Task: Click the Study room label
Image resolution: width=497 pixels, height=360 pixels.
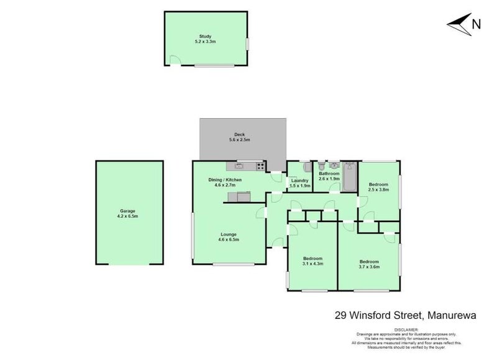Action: tap(205, 37)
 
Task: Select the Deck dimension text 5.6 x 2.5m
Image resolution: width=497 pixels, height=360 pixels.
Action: tap(239, 140)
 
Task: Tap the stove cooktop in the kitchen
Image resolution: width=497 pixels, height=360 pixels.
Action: tap(260, 166)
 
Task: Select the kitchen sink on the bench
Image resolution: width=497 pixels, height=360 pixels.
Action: tap(238, 166)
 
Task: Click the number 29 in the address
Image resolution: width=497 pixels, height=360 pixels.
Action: tap(340, 315)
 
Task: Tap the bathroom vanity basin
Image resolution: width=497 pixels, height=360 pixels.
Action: tap(334, 166)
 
